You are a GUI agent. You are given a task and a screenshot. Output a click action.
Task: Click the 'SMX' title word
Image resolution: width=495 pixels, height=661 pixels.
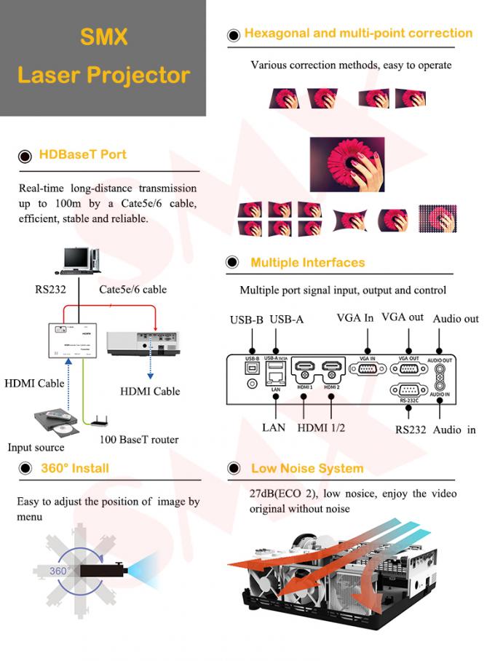point(103,36)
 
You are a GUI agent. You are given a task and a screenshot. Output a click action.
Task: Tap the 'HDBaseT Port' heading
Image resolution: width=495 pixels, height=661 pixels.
point(82,154)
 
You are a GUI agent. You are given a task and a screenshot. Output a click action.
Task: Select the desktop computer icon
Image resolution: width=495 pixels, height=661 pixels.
point(79,260)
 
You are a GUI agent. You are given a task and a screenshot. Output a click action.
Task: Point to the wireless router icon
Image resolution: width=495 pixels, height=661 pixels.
point(96,421)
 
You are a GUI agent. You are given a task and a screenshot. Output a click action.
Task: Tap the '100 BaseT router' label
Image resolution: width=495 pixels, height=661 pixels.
point(138,440)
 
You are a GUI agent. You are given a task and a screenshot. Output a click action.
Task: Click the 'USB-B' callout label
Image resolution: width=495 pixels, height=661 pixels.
point(247,319)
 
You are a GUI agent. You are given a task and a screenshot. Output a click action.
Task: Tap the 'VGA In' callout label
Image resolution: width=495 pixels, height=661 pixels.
point(355,317)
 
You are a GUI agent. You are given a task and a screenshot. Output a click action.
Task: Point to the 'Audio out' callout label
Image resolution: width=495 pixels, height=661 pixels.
point(456,319)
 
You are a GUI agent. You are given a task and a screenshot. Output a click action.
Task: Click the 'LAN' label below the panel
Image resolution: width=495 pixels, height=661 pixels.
point(274,427)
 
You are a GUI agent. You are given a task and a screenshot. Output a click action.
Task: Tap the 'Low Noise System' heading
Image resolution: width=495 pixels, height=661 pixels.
point(307,468)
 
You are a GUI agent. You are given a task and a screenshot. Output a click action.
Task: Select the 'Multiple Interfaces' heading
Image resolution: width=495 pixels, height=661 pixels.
point(308,263)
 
